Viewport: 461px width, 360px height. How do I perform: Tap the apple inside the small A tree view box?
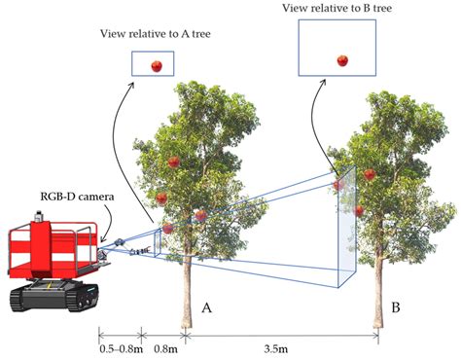point(156,66)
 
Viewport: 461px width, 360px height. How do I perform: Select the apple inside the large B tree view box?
point(342,60)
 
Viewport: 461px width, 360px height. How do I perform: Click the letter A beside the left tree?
point(206,307)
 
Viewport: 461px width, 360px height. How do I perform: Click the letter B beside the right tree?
point(396,307)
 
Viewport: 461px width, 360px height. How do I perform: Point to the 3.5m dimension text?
point(281,345)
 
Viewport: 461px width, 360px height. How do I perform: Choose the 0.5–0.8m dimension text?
point(119,345)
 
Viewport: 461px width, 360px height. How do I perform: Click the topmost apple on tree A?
point(174,162)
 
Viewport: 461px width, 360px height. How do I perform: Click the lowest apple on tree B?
point(360,210)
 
